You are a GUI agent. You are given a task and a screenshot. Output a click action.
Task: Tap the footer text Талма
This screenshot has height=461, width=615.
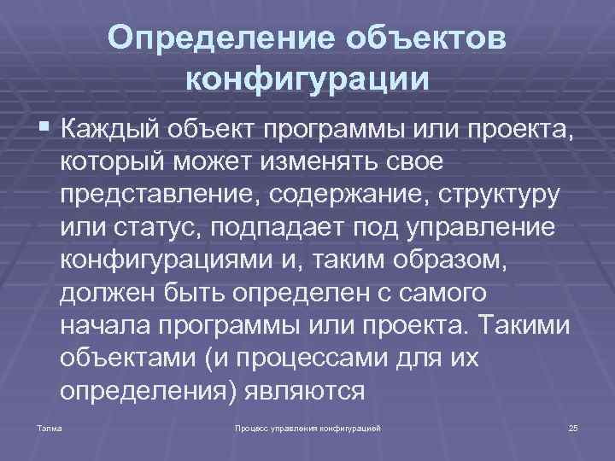pos(38,426)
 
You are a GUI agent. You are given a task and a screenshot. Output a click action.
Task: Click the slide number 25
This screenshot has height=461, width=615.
pos(572,426)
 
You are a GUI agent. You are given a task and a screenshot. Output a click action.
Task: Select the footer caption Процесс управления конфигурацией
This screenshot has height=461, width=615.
pos(307,426)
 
